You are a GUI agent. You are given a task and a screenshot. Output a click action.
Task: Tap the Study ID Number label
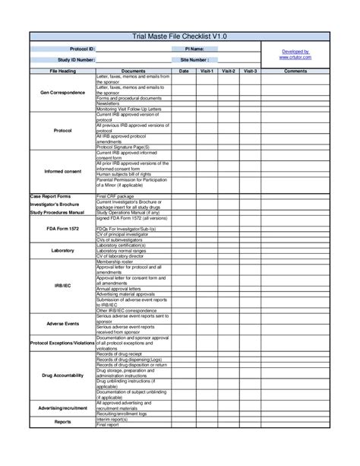[77, 59]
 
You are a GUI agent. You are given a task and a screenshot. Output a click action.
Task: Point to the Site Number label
[194, 59]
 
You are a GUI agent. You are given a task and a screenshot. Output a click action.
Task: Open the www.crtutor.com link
[295, 57]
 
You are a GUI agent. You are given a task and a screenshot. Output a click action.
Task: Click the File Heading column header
[62, 71]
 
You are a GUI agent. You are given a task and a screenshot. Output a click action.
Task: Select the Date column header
[184, 71]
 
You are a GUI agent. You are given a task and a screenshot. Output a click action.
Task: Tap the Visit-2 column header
[229, 71]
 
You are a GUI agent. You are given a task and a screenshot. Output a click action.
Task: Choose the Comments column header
[295, 71]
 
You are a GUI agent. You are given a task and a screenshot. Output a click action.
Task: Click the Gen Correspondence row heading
[62, 92]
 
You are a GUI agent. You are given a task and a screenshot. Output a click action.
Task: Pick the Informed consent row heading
[62, 171]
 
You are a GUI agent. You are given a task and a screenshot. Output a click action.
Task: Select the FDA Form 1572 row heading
[62, 228]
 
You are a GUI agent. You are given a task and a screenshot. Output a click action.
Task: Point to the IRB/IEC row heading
[62, 287]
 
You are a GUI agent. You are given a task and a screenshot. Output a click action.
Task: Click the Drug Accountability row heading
[62, 376]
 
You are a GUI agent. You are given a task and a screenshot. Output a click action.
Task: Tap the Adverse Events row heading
[62, 324]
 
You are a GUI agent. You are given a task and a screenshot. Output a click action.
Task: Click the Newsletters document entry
[112, 103]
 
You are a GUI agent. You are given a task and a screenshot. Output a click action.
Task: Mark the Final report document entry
[108, 425]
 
